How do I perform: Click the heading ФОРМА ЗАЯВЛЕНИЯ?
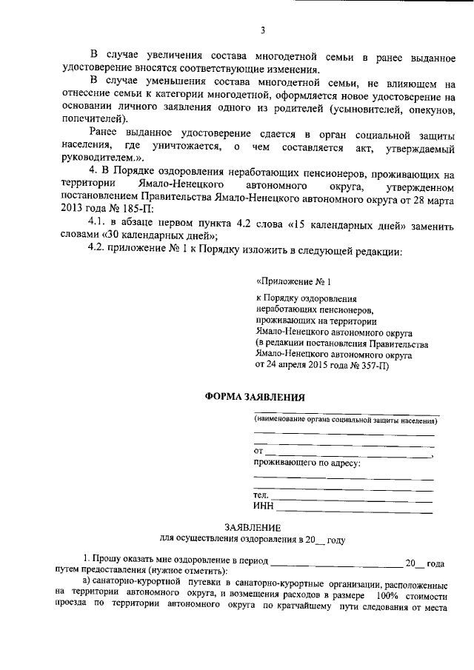pyautogui.click(x=254, y=396)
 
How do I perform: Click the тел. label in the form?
pyautogui.click(x=260, y=495)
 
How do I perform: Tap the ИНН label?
pyautogui.click(x=263, y=506)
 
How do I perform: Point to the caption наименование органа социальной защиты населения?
pyautogui.click(x=345, y=421)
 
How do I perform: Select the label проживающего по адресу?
pyautogui.click(x=307, y=463)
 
